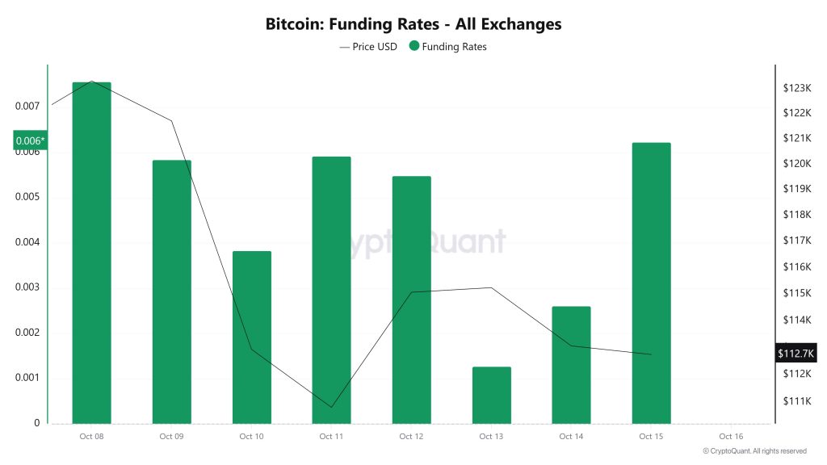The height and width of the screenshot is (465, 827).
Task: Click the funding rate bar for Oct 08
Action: pos(91,253)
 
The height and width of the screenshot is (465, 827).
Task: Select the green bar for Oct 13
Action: pos(491,395)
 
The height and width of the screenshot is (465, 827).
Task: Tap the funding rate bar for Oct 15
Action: pos(651,283)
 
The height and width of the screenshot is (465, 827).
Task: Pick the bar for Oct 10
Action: pos(251,337)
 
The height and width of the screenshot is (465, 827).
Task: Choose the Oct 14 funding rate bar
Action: pos(571,365)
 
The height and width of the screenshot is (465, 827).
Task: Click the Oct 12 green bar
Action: pos(411,300)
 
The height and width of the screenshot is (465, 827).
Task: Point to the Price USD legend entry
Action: pos(369,47)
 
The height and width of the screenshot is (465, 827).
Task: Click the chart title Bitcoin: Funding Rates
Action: pos(413,24)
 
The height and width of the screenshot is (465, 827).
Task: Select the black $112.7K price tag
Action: pos(796,353)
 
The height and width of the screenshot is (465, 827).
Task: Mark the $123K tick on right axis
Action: pos(796,87)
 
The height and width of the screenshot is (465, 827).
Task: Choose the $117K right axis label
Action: pos(796,241)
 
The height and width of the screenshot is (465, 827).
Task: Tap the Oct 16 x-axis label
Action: pos(730,437)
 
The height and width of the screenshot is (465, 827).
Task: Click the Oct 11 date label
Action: pos(331,437)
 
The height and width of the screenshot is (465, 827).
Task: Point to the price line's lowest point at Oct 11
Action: pos(331,407)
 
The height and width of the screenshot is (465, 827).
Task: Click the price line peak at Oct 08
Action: pos(92,82)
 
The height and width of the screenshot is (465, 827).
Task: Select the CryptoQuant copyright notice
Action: pos(754,451)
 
